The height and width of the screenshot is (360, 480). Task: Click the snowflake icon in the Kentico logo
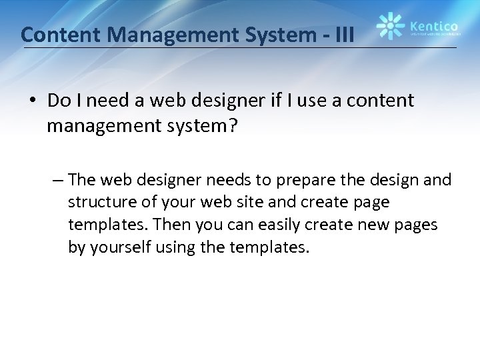pos(390,26)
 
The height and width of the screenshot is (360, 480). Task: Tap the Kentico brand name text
pos(433,22)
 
